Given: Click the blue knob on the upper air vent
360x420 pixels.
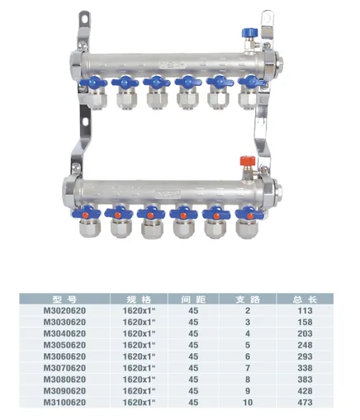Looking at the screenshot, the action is [249, 32].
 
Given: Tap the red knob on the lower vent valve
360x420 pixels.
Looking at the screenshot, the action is [247, 161].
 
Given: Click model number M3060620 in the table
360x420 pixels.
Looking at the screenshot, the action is [64, 356].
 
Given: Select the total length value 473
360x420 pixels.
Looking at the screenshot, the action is [305, 403].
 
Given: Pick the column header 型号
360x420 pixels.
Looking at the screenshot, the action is [64, 299].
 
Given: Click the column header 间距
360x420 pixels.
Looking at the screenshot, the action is [193, 299].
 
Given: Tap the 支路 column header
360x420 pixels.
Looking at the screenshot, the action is [248, 299].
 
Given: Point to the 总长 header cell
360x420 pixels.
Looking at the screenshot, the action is [305, 299].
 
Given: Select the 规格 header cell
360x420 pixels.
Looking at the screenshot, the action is [139, 299].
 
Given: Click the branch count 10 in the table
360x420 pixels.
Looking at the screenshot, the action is [248, 403].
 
